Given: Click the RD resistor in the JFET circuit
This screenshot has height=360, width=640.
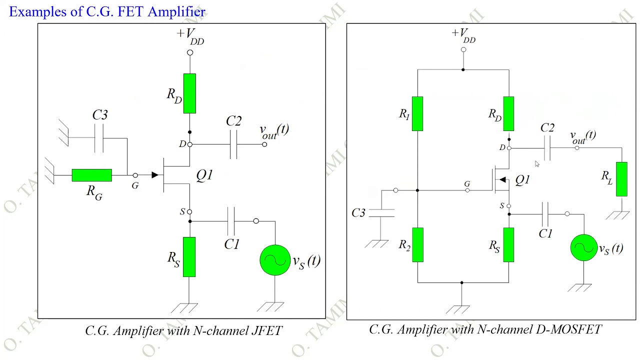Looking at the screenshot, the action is tap(189, 93).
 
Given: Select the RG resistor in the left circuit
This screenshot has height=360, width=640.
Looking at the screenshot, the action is tap(91, 175).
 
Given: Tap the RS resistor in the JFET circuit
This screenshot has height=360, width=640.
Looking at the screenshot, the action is tap(189, 256).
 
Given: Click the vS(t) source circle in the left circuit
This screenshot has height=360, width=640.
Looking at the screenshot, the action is tap(275, 260).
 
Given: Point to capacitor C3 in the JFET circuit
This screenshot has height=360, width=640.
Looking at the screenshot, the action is tap(99, 138).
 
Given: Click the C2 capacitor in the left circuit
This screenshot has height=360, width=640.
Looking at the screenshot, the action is tap(233, 144).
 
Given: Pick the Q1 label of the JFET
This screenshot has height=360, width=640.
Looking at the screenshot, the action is tap(204, 175).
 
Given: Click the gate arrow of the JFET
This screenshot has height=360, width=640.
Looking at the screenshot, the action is tap(154, 175).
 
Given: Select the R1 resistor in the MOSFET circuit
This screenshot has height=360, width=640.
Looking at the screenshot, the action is tap(417, 114).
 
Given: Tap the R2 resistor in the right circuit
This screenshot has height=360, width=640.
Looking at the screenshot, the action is tap(417, 245).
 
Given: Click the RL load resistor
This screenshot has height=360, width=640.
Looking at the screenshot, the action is tap(621, 179).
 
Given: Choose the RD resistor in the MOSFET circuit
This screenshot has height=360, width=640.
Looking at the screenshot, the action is tap(508, 114).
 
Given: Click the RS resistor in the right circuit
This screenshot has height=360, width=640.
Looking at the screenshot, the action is tap(508, 245).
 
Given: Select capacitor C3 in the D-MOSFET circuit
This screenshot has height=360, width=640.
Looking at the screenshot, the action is tap(381, 213).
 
